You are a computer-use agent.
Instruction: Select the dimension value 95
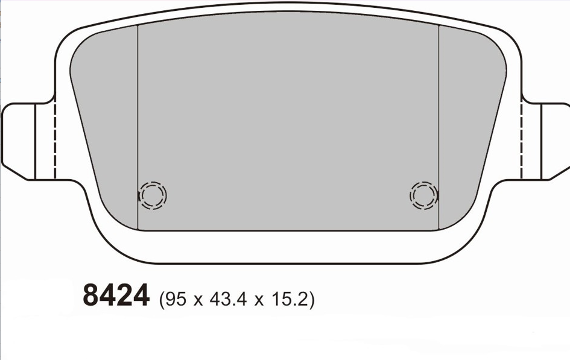(x=173, y=299)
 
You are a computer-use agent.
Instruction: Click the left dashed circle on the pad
(x=153, y=195)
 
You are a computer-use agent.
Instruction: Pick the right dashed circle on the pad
(x=423, y=195)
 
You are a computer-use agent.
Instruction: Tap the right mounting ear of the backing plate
(x=546, y=141)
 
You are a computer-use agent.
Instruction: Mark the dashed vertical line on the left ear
(x=55, y=141)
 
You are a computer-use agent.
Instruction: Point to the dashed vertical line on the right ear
(x=521, y=141)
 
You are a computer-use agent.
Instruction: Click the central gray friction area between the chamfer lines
(x=288, y=121)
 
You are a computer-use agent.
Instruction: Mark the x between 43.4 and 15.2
(x=259, y=300)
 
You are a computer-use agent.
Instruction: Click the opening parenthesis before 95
(x=160, y=300)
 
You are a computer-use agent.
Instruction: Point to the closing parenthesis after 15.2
(x=312, y=300)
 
